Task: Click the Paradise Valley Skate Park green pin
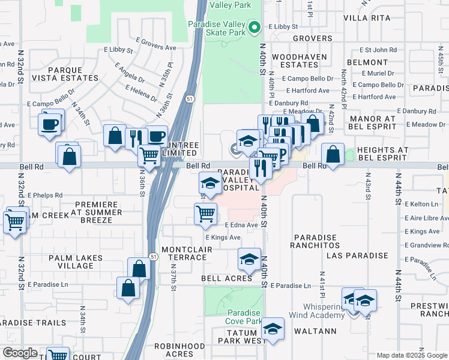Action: [254, 26]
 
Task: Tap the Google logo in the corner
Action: [20, 353]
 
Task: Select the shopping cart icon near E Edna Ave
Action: [206, 214]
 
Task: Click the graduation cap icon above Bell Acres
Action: [249, 259]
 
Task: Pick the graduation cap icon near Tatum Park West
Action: [273, 329]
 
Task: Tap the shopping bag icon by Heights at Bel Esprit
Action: [333, 154]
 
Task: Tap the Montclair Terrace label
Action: [184, 253]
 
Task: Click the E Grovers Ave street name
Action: [155, 44]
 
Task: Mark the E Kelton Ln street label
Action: [422, 205]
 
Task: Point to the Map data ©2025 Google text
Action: [411, 355]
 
